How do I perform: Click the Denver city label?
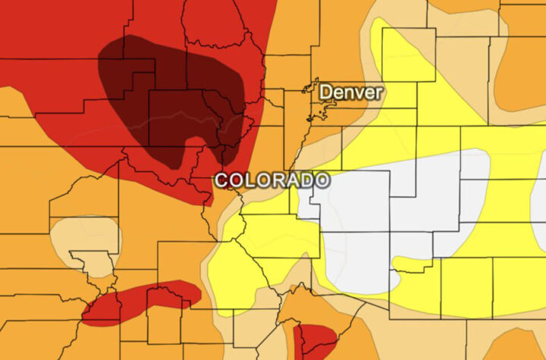coord(350,92)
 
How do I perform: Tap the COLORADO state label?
coord(271,180)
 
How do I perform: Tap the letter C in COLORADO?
coord(221,180)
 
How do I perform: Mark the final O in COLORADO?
coord(322,180)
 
